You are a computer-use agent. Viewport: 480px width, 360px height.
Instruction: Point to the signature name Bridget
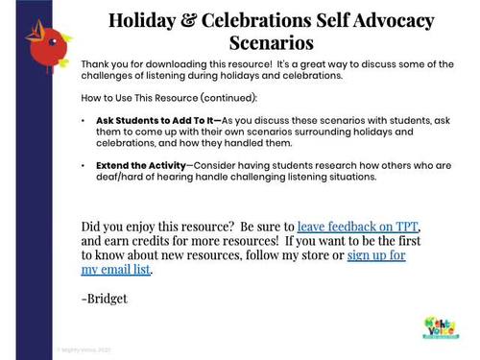[107, 299]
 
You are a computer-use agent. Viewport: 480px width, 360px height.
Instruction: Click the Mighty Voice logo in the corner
[442, 326]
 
